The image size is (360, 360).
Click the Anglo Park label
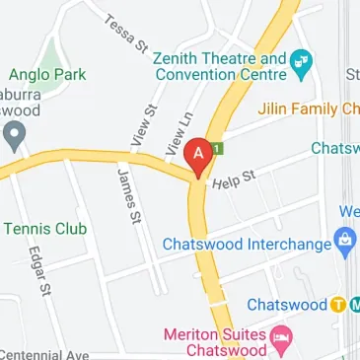point(48,74)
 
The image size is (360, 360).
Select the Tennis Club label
point(45,229)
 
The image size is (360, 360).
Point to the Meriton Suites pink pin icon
point(281,338)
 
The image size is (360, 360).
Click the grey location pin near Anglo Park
point(11,138)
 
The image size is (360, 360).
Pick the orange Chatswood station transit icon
point(337,304)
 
